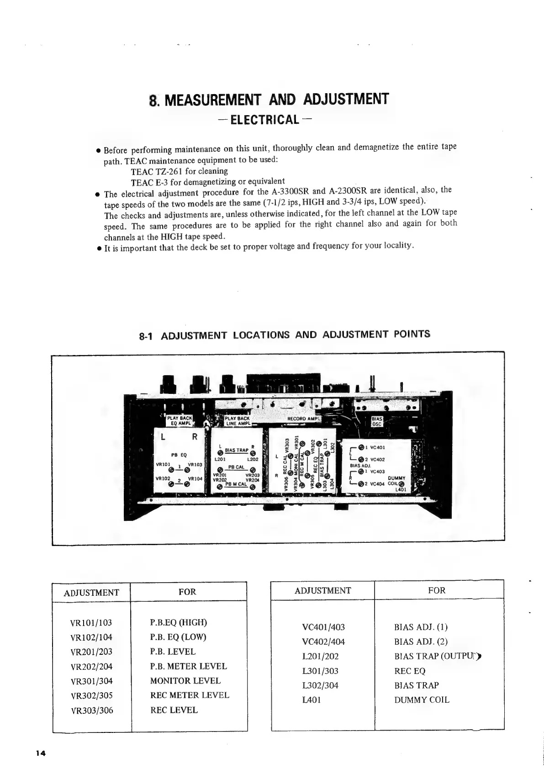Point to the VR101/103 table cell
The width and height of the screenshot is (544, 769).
[x=91, y=622]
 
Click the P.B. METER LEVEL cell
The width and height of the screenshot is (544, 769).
[x=188, y=666]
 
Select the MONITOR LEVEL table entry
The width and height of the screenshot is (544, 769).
[x=185, y=681]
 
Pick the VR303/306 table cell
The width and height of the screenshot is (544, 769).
[x=91, y=710]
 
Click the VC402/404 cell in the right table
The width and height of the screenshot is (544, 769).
[x=323, y=642]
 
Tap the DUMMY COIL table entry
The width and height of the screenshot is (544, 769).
[x=421, y=700]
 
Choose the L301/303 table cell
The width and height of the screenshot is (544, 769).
[x=320, y=671]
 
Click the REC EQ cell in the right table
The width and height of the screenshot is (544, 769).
[x=410, y=671]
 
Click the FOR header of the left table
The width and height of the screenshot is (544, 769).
[x=187, y=592]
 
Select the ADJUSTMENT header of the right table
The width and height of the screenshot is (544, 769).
[x=322, y=590]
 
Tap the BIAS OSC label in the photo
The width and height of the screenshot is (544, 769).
[x=376, y=421]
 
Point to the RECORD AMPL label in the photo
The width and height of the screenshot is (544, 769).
[x=304, y=419]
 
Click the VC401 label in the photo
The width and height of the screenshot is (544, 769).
[x=378, y=447]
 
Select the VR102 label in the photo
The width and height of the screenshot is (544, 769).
[x=163, y=478]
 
